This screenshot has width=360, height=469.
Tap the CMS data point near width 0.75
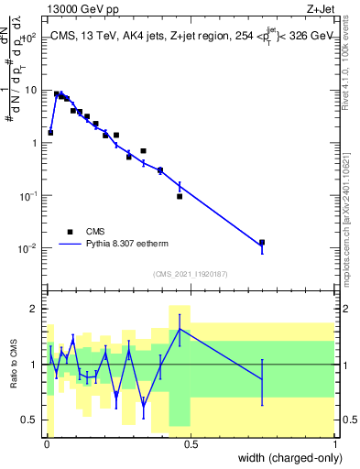(x=262, y=243)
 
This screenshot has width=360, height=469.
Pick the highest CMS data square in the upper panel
(x=57, y=93)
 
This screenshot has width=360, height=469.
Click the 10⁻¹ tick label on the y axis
(x=31, y=196)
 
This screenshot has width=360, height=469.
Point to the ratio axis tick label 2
(x=36, y=309)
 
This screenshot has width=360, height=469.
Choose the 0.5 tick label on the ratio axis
(x=30, y=420)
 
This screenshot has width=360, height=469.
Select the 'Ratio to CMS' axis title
(x=12, y=365)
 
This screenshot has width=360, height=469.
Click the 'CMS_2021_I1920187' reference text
(x=191, y=274)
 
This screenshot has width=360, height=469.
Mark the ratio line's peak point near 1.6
(x=180, y=329)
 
